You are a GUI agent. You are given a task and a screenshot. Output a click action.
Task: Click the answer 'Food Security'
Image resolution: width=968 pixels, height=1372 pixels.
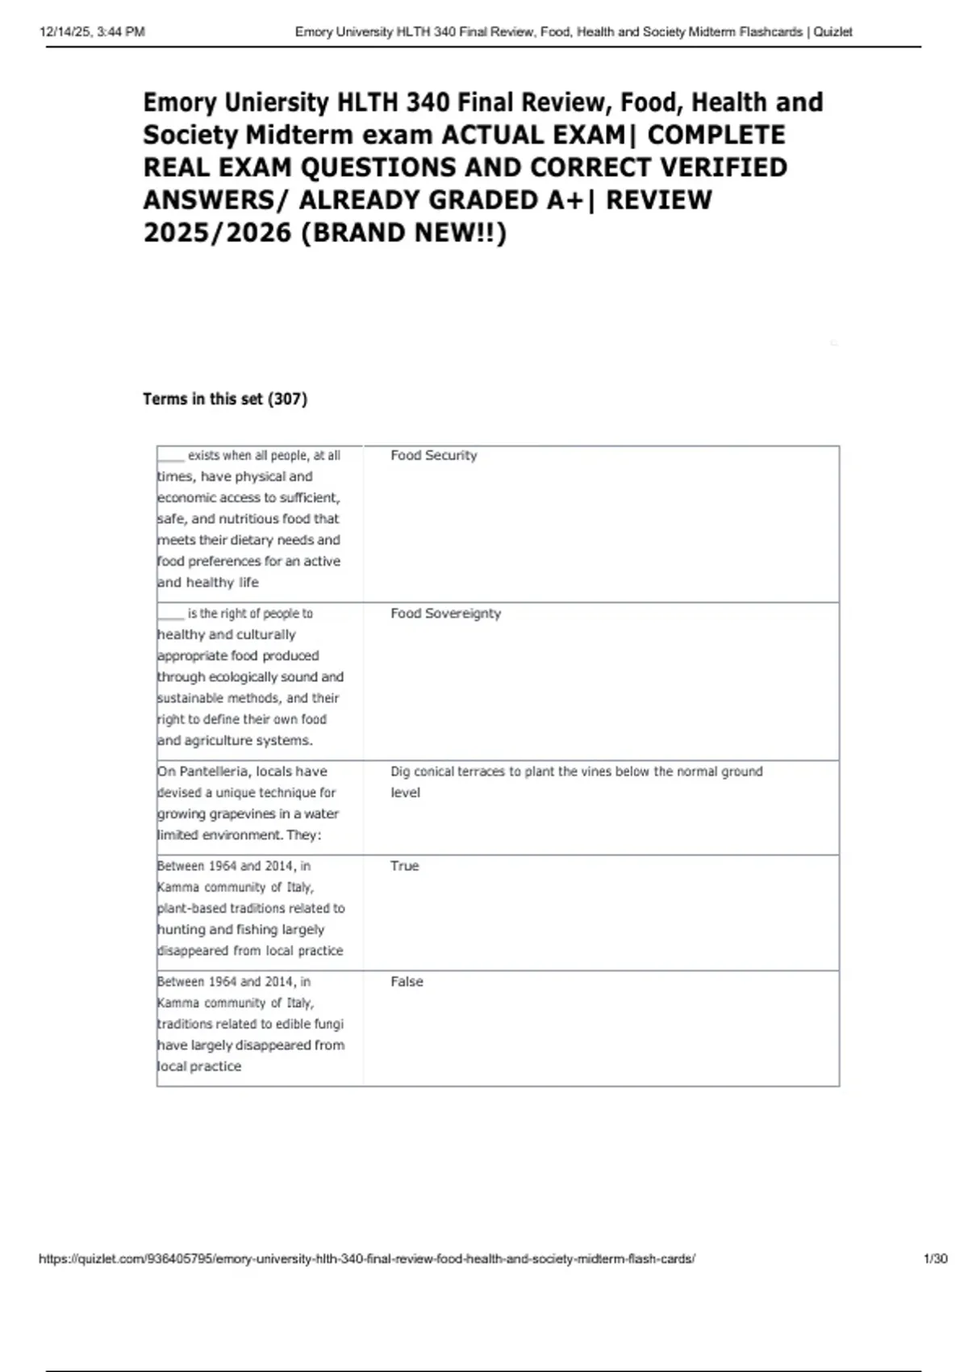click(433, 455)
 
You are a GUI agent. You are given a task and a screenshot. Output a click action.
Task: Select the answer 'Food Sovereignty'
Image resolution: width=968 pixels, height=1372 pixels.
click(445, 613)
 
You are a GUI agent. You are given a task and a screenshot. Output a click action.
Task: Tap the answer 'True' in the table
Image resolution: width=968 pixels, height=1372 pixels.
click(404, 866)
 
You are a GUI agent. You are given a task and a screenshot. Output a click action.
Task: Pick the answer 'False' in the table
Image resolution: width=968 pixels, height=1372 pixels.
click(407, 981)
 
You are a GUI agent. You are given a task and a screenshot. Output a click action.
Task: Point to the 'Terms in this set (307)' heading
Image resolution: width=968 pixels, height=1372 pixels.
click(225, 399)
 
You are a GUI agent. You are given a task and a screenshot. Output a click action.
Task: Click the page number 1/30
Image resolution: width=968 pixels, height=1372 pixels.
click(935, 1258)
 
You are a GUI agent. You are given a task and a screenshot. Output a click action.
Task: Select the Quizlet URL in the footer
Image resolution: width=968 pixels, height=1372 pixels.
click(367, 1258)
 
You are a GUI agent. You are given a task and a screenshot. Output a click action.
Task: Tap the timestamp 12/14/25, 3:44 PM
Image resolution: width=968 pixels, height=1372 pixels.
click(92, 32)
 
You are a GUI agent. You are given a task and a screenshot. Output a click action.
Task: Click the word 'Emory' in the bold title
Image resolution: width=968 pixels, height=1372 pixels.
click(180, 102)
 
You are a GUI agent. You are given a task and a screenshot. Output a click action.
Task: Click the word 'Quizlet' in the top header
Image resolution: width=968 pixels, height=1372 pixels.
click(832, 32)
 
